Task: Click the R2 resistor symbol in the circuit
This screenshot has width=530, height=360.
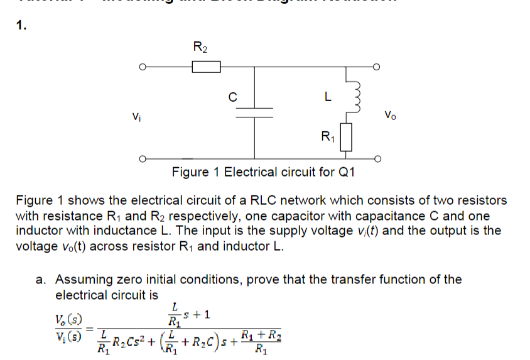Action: (x=205, y=67)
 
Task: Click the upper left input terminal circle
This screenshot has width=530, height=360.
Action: (x=143, y=67)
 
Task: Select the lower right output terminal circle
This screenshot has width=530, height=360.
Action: (x=377, y=158)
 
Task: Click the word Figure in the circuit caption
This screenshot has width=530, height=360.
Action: (x=192, y=172)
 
